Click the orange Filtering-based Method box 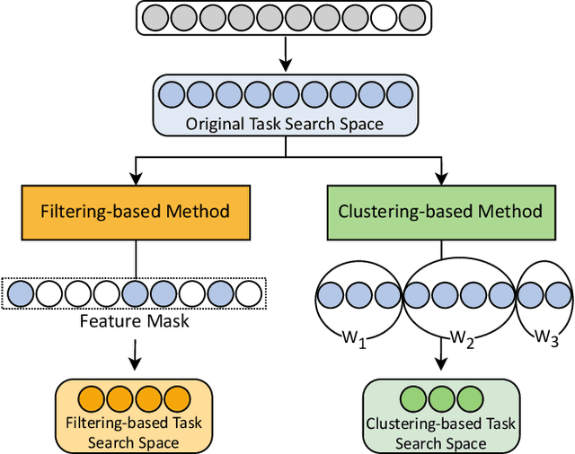click(x=136, y=212)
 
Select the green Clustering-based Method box click(x=439, y=212)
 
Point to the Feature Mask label click(x=136, y=320)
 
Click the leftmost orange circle click(x=92, y=398)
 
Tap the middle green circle click(x=439, y=398)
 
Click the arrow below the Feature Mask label click(x=136, y=357)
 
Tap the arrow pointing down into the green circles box click(x=439, y=357)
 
